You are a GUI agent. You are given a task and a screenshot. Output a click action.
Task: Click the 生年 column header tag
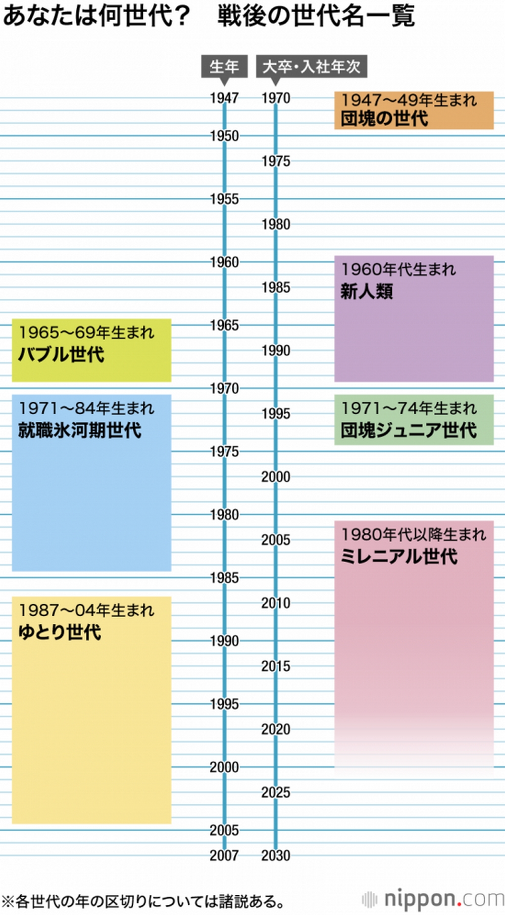[x=224, y=66]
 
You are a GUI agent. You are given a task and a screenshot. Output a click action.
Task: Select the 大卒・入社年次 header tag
[x=311, y=66]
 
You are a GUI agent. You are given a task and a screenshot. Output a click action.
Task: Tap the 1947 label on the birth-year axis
[x=224, y=98]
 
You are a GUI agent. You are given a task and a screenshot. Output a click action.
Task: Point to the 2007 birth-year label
[x=224, y=855]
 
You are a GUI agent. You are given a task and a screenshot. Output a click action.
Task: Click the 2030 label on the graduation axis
[x=276, y=855]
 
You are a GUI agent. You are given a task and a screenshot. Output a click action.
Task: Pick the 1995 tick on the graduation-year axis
[x=276, y=413]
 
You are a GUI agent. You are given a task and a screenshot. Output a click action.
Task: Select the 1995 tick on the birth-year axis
[x=224, y=704]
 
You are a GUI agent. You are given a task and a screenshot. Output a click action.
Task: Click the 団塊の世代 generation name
[x=384, y=119]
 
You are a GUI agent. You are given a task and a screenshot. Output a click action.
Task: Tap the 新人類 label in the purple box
[x=367, y=292]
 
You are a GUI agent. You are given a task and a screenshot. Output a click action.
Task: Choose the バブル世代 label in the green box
[x=61, y=354]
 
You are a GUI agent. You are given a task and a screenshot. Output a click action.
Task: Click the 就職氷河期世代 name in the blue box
[x=80, y=430]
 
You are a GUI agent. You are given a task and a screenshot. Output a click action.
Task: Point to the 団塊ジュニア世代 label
[x=408, y=430]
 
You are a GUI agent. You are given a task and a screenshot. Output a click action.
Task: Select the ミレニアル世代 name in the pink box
[x=399, y=556]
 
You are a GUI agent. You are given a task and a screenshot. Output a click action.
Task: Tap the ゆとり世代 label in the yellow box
[x=60, y=632]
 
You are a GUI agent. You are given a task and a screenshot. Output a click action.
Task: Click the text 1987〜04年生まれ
[x=86, y=610]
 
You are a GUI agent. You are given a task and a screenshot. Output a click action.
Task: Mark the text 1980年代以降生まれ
[x=413, y=534]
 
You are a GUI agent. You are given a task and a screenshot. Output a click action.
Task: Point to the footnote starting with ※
[x=144, y=900]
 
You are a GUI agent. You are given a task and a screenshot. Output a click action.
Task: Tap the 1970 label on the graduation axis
[x=276, y=98]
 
